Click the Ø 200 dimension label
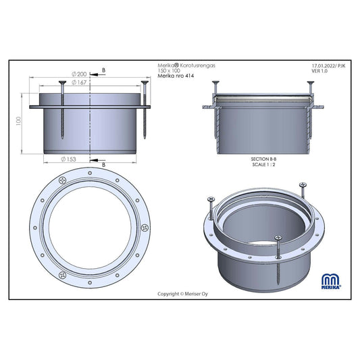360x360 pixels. coord(79,74)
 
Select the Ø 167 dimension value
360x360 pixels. coord(79,82)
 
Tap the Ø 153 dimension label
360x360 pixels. coord(68,159)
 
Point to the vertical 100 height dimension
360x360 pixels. coord(18,121)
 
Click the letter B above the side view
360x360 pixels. coord(104,70)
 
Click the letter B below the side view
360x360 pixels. coord(104,165)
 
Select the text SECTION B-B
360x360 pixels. coord(263,159)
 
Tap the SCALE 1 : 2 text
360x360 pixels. coord(263,164)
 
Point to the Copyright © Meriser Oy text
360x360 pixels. coord(182,294)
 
